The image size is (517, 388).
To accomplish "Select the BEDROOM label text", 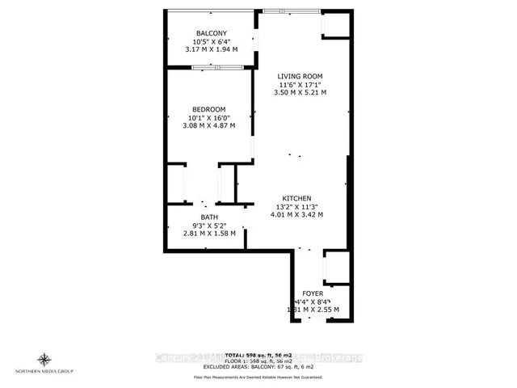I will [x=208, y=109].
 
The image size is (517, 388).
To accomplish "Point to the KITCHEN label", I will [x=296, y=197].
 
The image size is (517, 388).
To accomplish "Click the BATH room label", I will [x=208, y=216].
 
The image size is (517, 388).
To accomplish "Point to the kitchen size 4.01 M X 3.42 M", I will [x=296, y=215].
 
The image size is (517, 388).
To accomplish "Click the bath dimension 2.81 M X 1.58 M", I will [x=208, y=234].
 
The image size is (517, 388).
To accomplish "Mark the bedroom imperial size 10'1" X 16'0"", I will [x=208, y=118].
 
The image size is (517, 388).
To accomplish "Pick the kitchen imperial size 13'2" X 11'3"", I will [x=296, y=206].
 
